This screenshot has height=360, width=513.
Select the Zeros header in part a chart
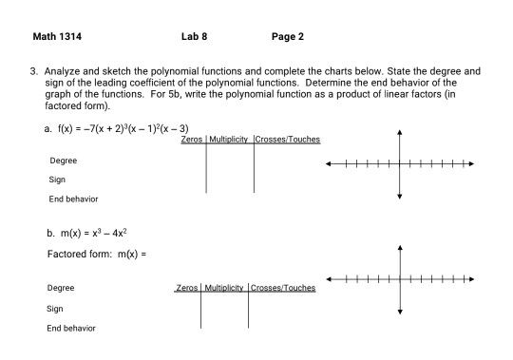tap(191, 140)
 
